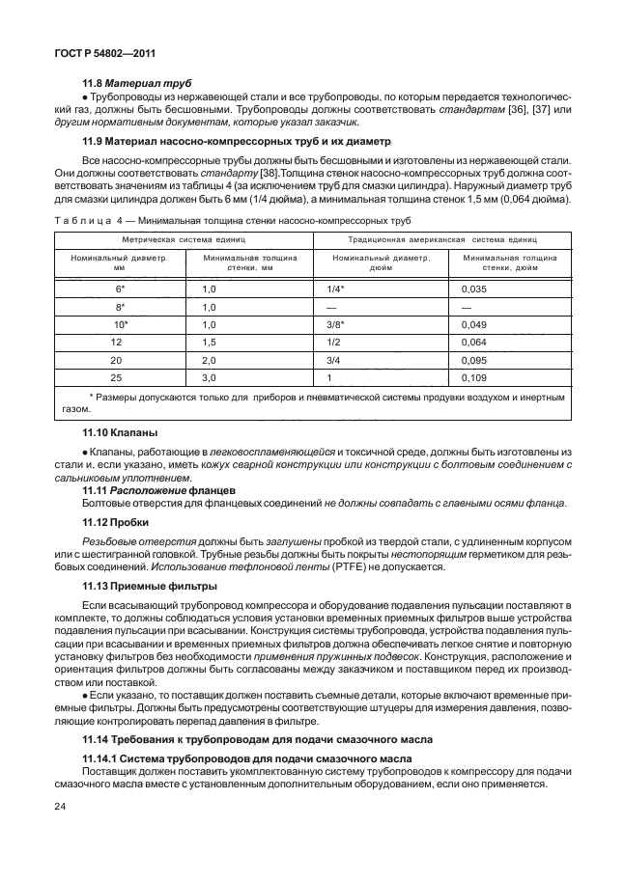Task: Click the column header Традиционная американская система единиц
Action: pyautogui.click(x=441, y=238)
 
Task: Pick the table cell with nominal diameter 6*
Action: pyautogui.click(x=120, y=289)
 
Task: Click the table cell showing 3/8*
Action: pyautogui.click(x=337, y=324)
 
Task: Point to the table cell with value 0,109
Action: pyautogui.click(x=473, y=376)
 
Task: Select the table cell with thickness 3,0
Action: pyautogui.click(x=208, y=376)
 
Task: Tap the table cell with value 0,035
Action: pyautogui.click(x=473, y=289)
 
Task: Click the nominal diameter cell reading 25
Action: pyautogui.click(x=117, y=376)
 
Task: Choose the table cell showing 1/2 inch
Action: pyautogui.click(x=334, y=342)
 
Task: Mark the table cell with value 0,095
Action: pyautogui.click(x=473, y=359)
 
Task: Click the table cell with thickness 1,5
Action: pyautogui.click(x=208, y=342)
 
